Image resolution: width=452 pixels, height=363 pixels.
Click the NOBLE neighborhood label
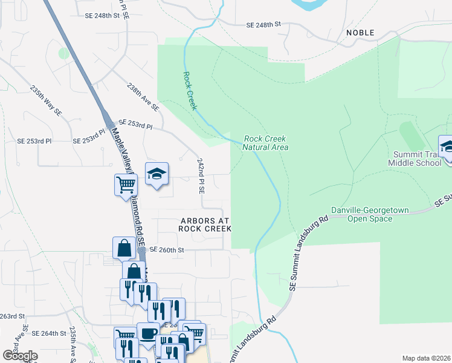click(x=360, y=33)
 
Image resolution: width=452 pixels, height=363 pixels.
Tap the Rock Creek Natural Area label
click(x=265, y=143)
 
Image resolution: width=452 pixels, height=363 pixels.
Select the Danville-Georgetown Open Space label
click(x=370, y=214)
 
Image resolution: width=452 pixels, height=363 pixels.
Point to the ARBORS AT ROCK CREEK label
click(x=205, y=224)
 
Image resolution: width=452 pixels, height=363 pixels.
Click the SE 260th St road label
click(x=166, y=249)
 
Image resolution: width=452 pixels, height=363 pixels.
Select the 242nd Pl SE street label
click(x=201, y=176)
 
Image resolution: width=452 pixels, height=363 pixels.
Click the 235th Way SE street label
click(x=47, y=100)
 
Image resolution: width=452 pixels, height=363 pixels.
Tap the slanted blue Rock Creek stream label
click(x=190, y=91)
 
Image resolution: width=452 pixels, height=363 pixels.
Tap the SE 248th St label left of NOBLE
click(x=264, y=25)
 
